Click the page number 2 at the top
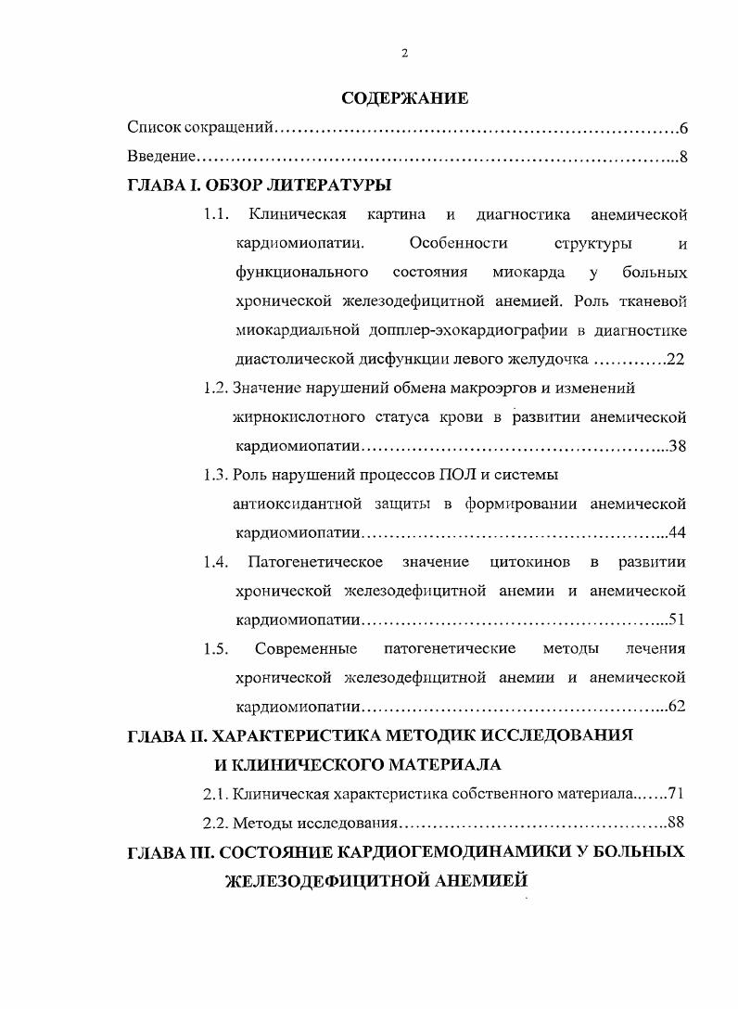404,53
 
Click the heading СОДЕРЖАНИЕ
405,97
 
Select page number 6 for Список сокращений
682,127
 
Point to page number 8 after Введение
682,156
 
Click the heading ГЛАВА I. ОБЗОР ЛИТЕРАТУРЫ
259,185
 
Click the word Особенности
458,244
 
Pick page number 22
675,359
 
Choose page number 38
677,446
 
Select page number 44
677,533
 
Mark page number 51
677,619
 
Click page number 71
675,794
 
